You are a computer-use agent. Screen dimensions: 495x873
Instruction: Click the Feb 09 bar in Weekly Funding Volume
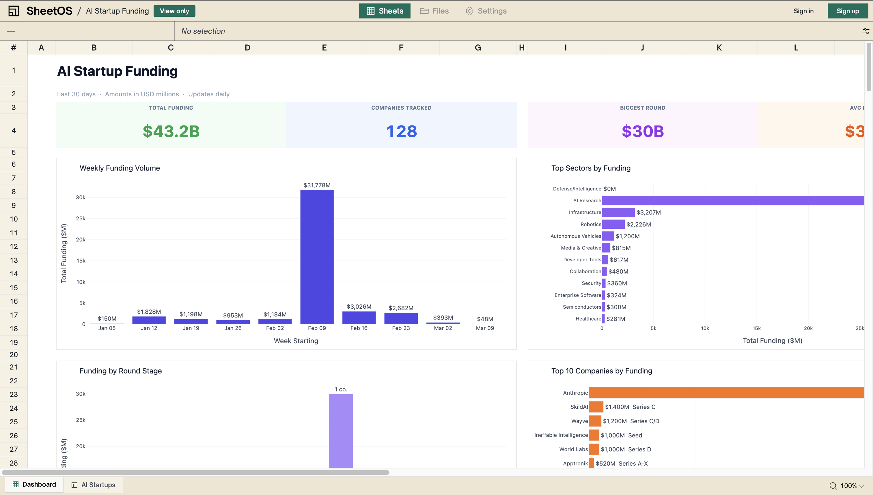[x=317, y=257]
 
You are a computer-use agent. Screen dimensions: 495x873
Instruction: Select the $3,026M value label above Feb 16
[x=359, y=306]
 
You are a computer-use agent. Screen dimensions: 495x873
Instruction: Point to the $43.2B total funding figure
[x=171, y=131]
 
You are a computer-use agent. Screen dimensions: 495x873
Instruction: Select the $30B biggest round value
[x=642, y=131]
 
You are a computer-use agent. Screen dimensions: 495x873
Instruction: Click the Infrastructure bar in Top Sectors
[x=618, y=212]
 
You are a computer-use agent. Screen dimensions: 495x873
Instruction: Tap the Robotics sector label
[x=591, y=224]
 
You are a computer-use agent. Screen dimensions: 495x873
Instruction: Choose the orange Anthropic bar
[x=726, y=393]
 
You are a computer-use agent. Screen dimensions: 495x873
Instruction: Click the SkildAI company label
[x=579, y=407]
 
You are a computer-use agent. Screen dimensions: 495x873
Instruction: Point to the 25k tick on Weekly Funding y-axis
[x=81, y=218]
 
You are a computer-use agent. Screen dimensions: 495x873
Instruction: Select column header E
[x=324, y=48]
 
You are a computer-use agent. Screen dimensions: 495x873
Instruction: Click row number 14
[x=14, y=274]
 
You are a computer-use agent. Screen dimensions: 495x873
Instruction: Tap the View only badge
[x=174, y=11]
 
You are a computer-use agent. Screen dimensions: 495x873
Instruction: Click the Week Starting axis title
[x=296, y=341]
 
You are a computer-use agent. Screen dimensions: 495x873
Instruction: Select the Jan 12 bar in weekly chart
[x=149, y=320]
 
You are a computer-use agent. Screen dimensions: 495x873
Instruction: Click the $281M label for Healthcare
[x=615, y=318]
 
